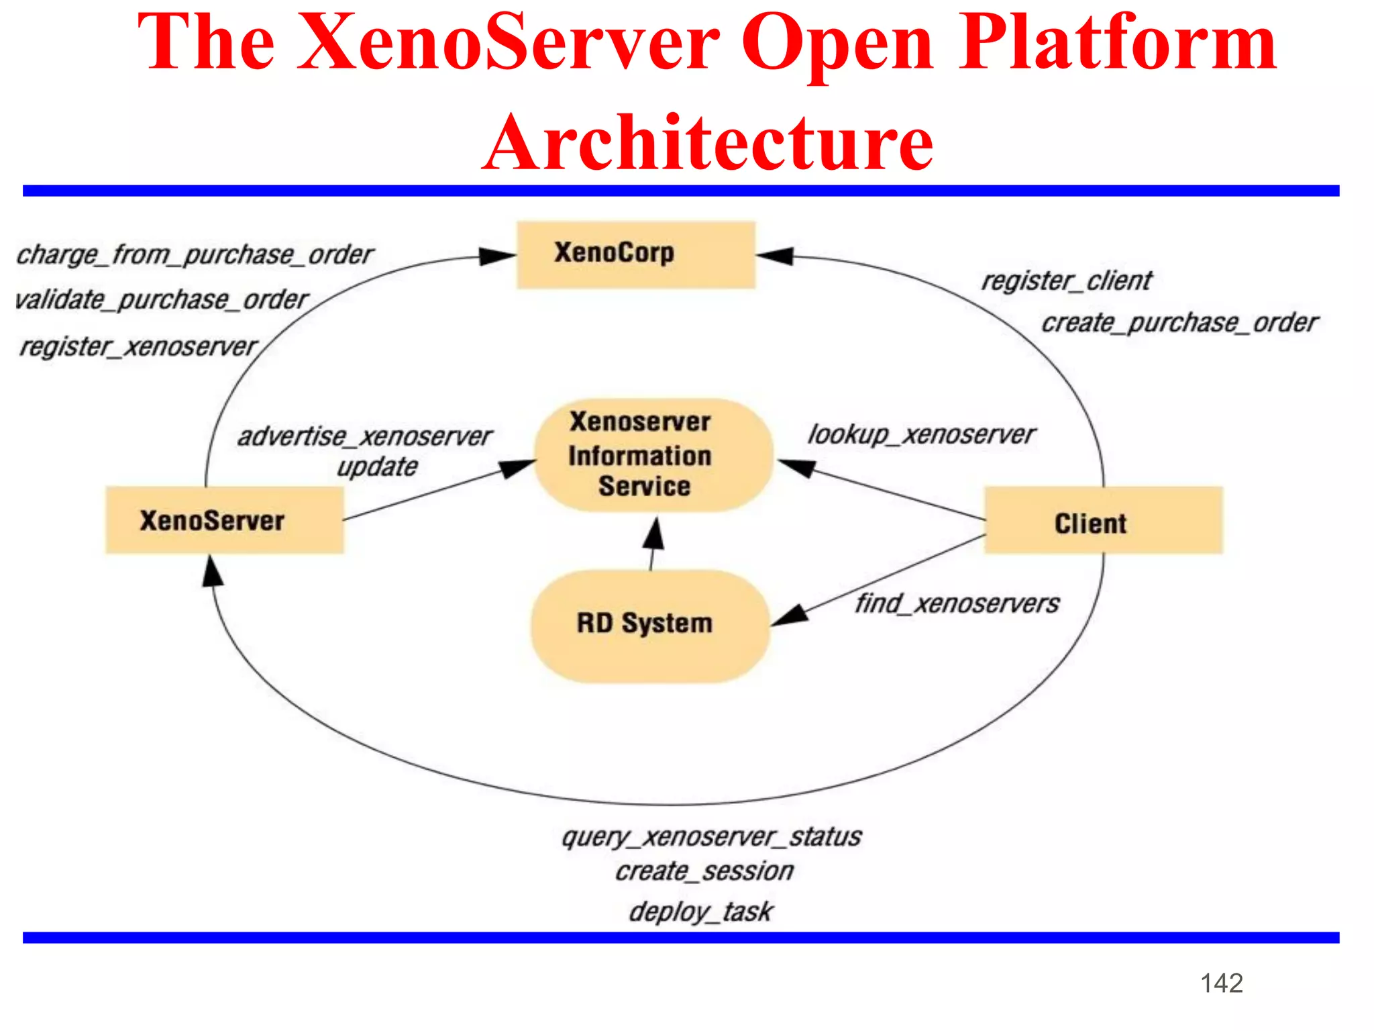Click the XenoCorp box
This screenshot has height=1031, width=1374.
(x=635, y=255)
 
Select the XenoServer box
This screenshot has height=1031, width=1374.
(x=225, y=520)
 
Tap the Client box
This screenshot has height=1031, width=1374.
(x=1103, y=521)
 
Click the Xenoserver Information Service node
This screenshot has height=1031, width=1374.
(x=652, y=454)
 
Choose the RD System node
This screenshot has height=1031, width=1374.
(x=649, y=625)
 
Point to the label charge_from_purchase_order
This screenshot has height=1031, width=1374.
(x=195, y=255)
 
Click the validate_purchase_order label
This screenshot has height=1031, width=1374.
(x=162, y=299)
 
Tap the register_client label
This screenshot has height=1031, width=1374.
(x=1066, y=281)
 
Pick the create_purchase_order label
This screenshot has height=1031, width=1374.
(x=1179, y=323)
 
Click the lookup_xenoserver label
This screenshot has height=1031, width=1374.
(x=921, y=434)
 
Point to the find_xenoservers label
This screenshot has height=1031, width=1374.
(x=957, y=603)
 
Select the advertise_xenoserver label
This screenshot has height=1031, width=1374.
(x=365, y=436)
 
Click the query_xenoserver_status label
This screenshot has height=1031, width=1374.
(x=712, y=837)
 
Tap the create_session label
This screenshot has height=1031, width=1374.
(x=704, y=871)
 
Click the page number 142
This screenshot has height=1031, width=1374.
(x=1221, y=983)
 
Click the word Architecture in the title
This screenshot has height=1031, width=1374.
(x=708, y=142)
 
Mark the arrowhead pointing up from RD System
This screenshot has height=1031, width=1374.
(x=654, y=534)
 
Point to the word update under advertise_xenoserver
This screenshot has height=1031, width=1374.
(x=377, y=467)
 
